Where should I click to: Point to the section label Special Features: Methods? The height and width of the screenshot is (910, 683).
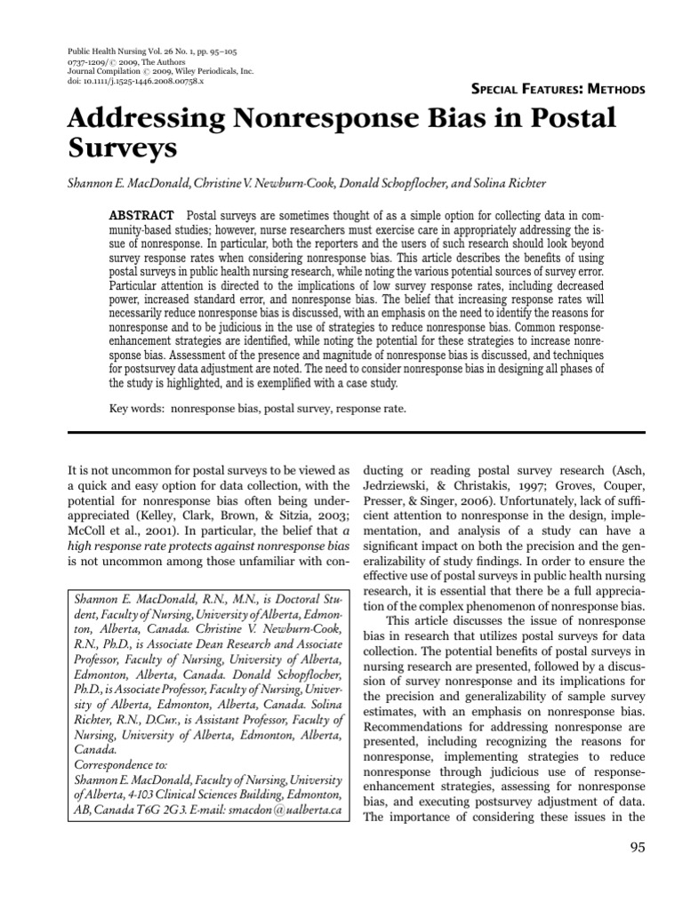point(556,89)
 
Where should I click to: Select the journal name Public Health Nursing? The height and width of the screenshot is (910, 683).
point(106,51)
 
